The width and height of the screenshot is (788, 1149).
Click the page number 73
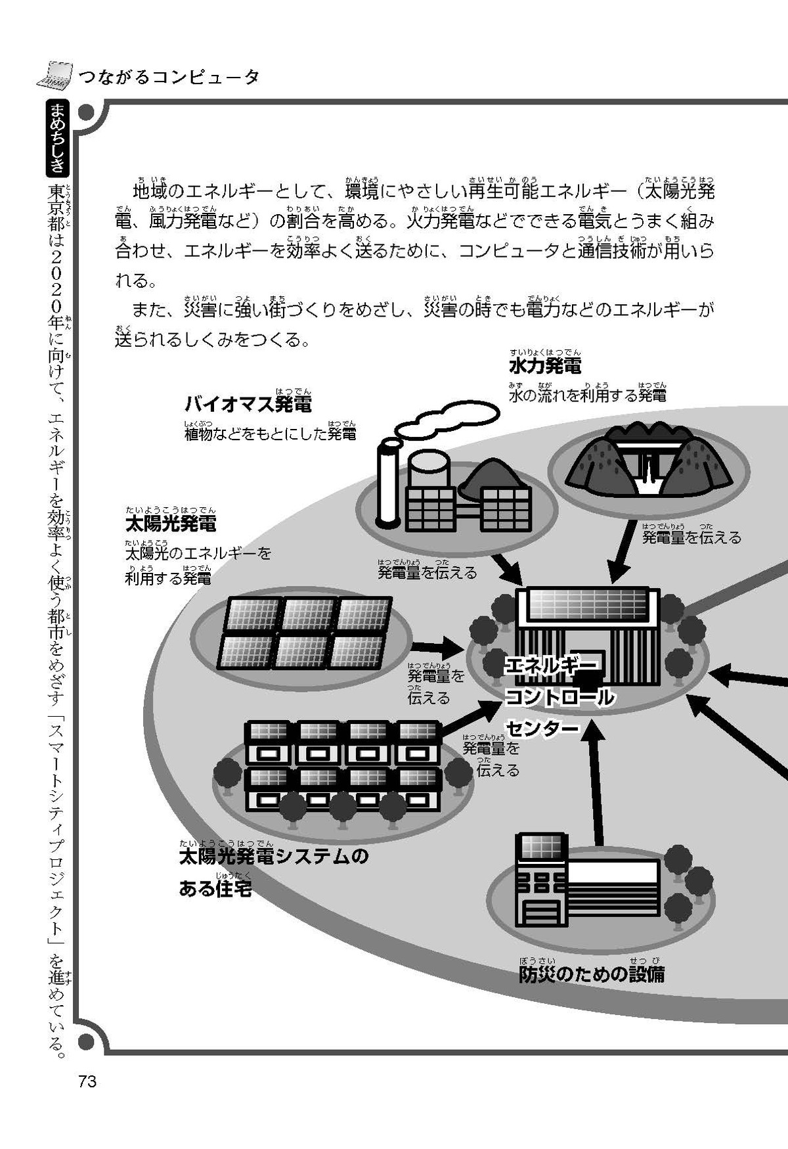pyautogui.click(x=87, y=1081)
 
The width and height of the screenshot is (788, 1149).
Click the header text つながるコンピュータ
pyautogui.click(x=169, y=77)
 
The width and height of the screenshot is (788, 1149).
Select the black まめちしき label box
pyautogui.click(x=58, y=139)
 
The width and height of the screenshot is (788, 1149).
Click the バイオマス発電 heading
pyautogui.click(x=248, y=404)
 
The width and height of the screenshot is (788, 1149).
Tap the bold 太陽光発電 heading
pyautogui.click(x=170, y=524)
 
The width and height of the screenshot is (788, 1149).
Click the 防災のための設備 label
pyautogui.click(x=591, y=974)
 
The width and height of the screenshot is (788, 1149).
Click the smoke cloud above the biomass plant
pyautogui.click(x=447, y=421)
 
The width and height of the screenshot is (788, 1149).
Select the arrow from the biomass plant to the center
pyautogui.click(x=506, y=568)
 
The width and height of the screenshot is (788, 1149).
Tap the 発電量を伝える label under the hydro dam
pyautogui.click(x=691, y=538)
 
